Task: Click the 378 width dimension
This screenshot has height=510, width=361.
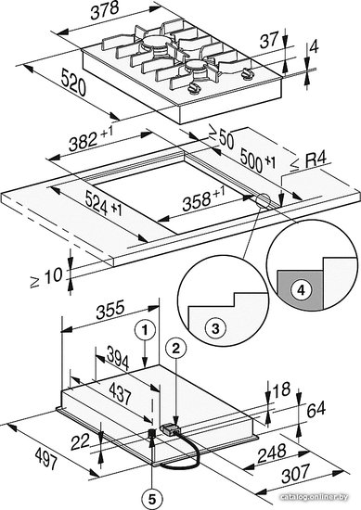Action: pos(104,10)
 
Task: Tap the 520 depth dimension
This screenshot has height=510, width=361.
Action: pos(73,83)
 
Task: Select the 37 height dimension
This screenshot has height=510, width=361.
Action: pos(270,40)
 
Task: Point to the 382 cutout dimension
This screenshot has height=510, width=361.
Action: pos(91,139)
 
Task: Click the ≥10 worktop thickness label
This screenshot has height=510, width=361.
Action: pos(46,278)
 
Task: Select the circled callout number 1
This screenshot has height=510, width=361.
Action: pos(145,331)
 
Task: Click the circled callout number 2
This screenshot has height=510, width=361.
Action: pos(175,350)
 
